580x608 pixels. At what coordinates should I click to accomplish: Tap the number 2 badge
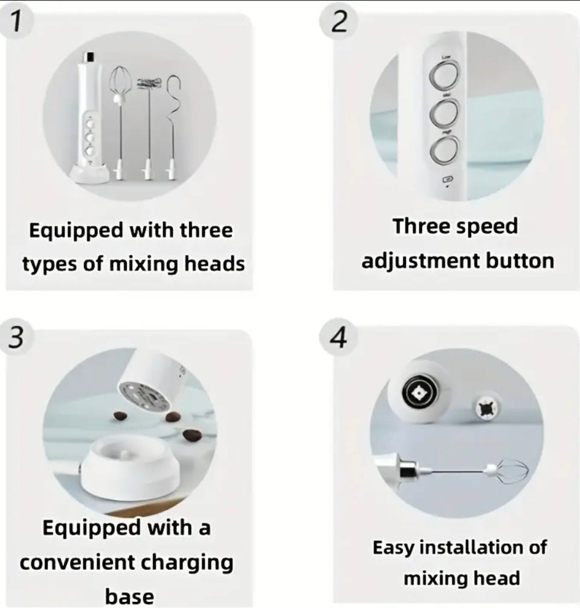click(x=339, y=21)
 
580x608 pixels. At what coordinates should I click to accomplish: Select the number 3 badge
click(x=16, y=336)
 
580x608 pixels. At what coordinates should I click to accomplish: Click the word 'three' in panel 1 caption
click(x=206, y=230)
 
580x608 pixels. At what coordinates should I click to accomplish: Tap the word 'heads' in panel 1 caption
click(x=214, y=264)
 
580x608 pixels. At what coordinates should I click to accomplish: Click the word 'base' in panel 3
click(x=129, y=597)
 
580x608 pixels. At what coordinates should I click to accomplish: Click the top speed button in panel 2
click(x=444, y=74)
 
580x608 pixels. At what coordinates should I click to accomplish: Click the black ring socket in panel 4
click(x=420, y=393)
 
